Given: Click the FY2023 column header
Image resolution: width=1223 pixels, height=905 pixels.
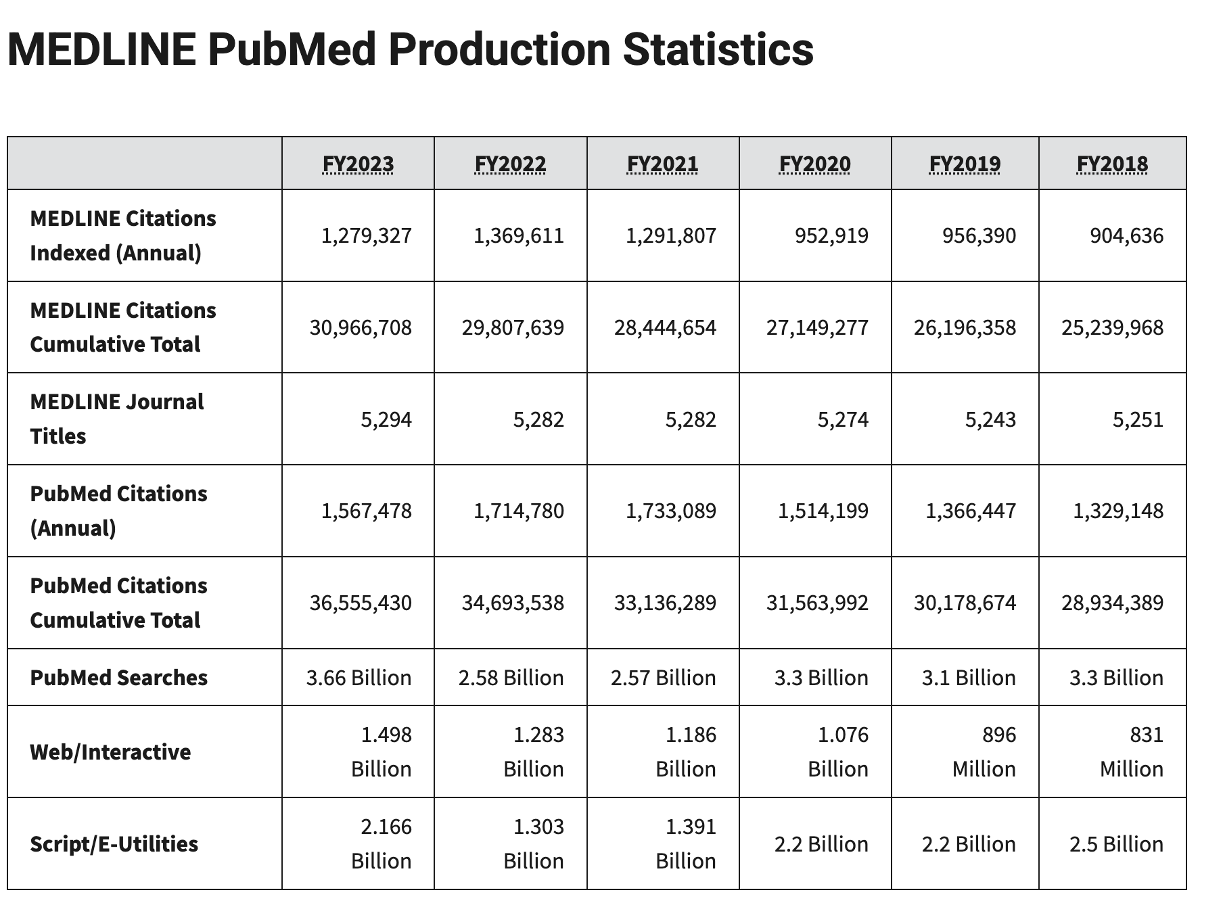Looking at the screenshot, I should click(358, 164).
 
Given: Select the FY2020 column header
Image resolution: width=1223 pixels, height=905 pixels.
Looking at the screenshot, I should click(814, 164).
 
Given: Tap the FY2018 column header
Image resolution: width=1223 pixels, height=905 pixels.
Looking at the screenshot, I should click(1112, 164).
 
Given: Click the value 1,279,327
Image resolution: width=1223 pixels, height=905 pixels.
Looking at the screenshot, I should click(366, 235).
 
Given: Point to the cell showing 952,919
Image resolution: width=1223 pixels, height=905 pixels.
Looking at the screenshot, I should click(831, 235).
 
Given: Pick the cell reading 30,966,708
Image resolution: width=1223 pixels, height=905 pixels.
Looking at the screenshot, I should click(361, 327).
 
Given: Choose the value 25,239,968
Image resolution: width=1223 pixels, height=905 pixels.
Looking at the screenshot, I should click(1112, 327).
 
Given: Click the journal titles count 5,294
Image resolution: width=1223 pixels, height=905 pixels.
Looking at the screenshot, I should click(386, 419).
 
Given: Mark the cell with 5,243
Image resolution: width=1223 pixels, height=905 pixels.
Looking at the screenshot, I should click(990, 419).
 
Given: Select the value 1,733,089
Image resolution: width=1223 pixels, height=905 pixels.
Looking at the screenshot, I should click(670, 511).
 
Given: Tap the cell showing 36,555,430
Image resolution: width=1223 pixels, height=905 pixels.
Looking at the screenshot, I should click(361, 603).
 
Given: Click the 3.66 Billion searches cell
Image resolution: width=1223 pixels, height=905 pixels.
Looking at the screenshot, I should click(359, 678).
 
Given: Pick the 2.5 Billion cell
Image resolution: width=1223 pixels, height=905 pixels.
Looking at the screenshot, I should click(1116, 844).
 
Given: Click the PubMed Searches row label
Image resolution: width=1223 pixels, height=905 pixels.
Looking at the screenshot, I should click(119, 678).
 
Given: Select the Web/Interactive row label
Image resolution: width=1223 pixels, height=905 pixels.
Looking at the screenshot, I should click(110, 752).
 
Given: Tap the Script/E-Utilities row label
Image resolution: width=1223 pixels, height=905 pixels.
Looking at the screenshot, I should click(114, 844).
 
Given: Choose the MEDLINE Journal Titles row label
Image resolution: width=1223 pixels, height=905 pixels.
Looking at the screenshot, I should click(116, 419).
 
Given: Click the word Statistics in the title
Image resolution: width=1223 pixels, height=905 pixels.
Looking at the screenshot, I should click(718, 49).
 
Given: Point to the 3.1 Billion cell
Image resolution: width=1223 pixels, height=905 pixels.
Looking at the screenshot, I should click(968, 678).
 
